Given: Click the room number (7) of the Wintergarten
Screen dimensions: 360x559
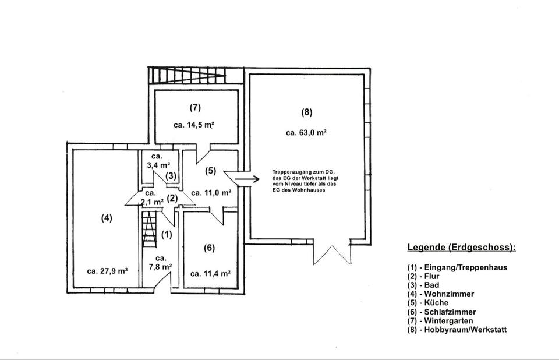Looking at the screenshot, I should pyautogui.click(x=195, y=107).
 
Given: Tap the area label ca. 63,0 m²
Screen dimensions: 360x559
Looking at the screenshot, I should pyautogui.click(x=306, y=133).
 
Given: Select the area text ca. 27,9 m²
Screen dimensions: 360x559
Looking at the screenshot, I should pyautogui.click(x=107, y=271).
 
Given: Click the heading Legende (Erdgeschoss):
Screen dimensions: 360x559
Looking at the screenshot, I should pyautogui.click(x=461, y=248).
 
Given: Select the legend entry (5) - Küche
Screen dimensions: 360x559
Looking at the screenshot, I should pyautogui.click(x=431, y=303).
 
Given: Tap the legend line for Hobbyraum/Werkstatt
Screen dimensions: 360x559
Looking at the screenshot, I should pyautogui.click(x=457, y=330).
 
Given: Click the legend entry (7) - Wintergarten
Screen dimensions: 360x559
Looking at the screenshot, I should pyautogui.click(x=440, y=321).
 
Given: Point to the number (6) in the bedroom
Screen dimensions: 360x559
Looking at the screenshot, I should pyautogui.click(x=209, y=248).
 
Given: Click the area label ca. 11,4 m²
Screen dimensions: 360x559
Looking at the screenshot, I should pyautogui.click(x=211, y=273).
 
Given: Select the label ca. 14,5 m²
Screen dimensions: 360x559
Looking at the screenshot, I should pyautogui.click(x=194, y=125).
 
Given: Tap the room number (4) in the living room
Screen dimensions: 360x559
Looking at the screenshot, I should pyautogui.click(x=107, y=218).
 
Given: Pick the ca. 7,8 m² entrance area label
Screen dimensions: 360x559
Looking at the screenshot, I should pyautogui.click(x=161, y=262).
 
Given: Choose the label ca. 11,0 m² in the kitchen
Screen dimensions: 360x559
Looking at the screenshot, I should pyautogui.click(x=211, y=192).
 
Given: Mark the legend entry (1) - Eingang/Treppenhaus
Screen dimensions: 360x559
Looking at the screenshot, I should pyautogui.click(x=457, y=268).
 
